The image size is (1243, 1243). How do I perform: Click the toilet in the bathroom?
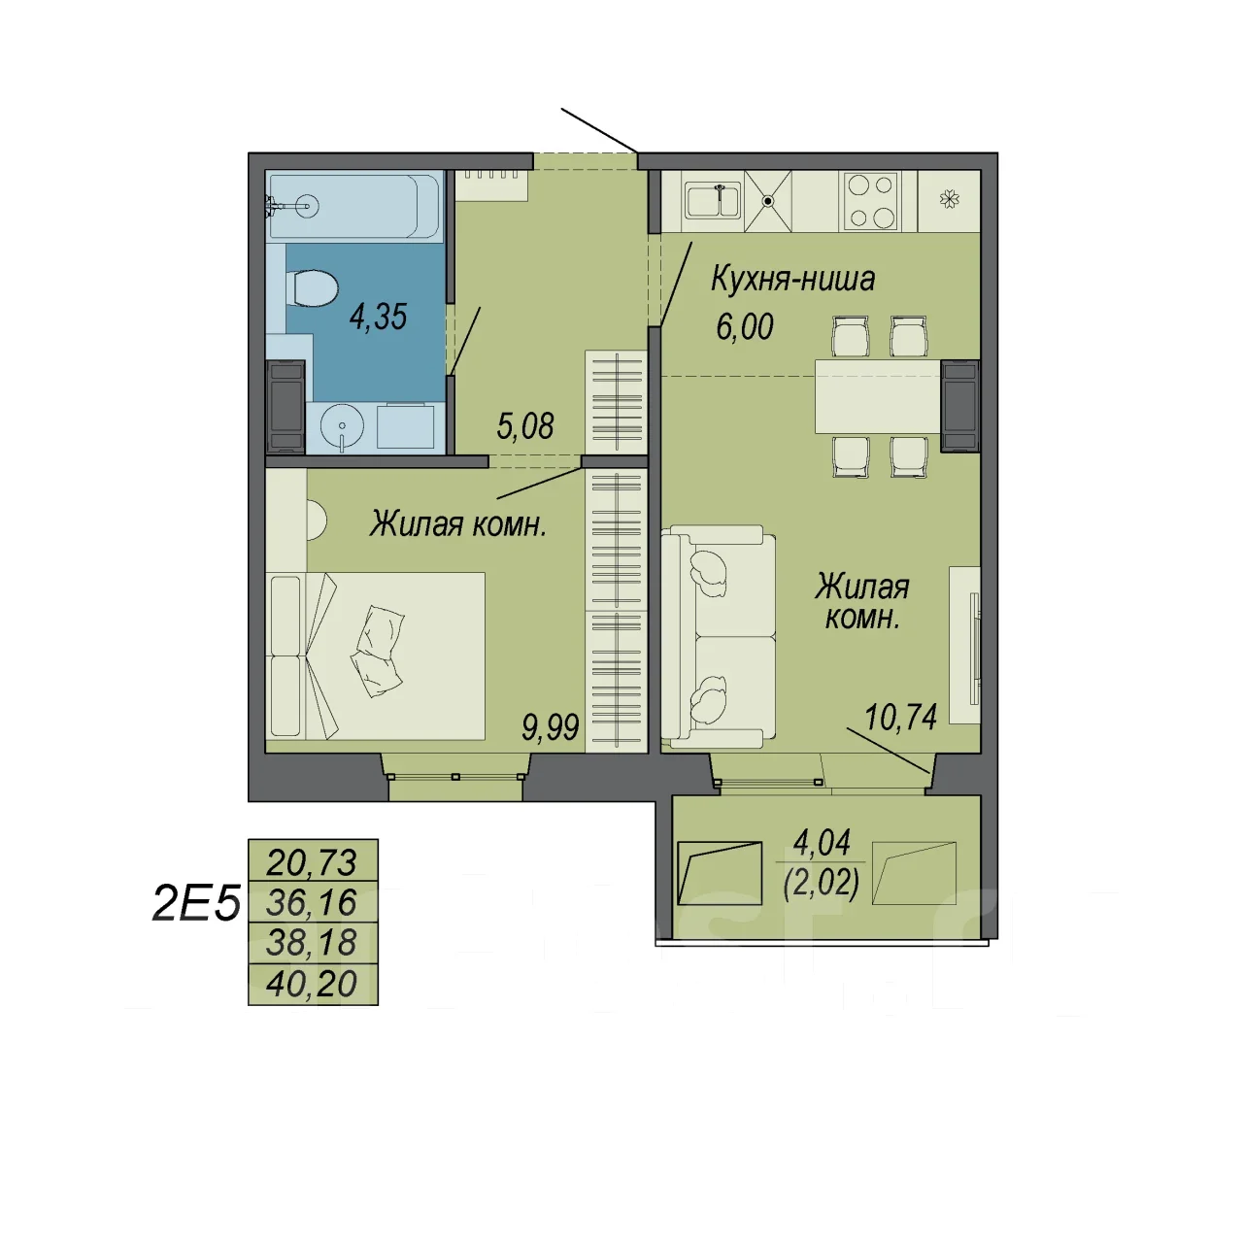(x=312, y=288)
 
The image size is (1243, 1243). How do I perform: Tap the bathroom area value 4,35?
(x=378, y=317)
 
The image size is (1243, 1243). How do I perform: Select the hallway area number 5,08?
(x=525, y=426)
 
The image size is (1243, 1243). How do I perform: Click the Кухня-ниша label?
(x=792, y=280)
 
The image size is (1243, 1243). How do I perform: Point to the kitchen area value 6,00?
(x=745, y=327)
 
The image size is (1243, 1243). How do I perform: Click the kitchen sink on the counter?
(x=714, y=201)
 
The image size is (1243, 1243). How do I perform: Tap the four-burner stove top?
(x=871, y=202)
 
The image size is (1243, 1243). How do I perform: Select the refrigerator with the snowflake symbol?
(x=948, y=201)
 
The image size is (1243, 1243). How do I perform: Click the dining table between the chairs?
(x=877, y=396)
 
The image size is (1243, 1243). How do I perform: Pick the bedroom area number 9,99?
(x=551, y=728)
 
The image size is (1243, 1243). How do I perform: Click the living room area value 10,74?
(x=900, y=718)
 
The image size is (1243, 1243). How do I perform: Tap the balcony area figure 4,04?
(x=822, y=843)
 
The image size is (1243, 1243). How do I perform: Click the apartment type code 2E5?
(x=196, y=903)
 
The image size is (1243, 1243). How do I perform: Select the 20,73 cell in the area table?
(x=313, y=862)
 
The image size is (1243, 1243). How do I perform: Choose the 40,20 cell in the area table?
(x=313, y=984)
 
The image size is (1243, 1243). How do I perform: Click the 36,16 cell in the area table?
(x=313, y=902)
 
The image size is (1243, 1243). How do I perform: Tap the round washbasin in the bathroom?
(x=341, y=426)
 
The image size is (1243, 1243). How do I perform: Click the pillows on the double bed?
(x=378, y=651)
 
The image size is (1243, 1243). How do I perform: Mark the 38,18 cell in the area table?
(x=313, y=943)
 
